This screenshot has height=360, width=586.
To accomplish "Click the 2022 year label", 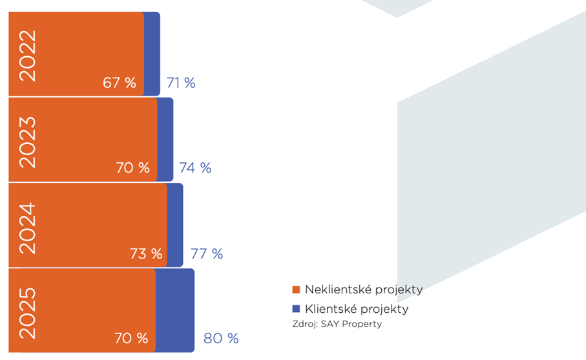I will pos(28,55).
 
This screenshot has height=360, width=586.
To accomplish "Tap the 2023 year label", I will pos(28,142).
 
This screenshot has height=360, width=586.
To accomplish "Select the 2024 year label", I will pos(28,228).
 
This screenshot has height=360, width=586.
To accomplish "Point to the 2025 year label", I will pos(28,313).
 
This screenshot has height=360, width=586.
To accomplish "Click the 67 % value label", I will pos(120,83).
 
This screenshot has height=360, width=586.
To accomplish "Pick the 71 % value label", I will pos(181,83).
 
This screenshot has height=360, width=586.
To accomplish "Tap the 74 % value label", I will pos(195,168).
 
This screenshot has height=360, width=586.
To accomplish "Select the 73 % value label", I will pos(146,253).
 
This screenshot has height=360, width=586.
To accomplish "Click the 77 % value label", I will pos(207,253).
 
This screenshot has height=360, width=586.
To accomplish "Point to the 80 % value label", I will pos(221,338).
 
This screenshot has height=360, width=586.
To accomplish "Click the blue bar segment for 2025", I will pos(175,310).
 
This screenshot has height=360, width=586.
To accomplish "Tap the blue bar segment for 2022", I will pos(152,54).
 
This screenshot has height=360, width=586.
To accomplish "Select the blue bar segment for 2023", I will pos(165,139).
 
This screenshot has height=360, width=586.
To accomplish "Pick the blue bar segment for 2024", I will pos(175,225).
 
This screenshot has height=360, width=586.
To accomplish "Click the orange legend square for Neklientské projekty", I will pos(296,290).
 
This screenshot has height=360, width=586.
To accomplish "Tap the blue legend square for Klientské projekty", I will pos(296,309).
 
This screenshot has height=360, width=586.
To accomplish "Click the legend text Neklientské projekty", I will pos(364,290).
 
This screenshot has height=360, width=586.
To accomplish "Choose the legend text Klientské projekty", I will pos(357,309).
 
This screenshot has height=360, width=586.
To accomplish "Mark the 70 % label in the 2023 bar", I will pos(132,168).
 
